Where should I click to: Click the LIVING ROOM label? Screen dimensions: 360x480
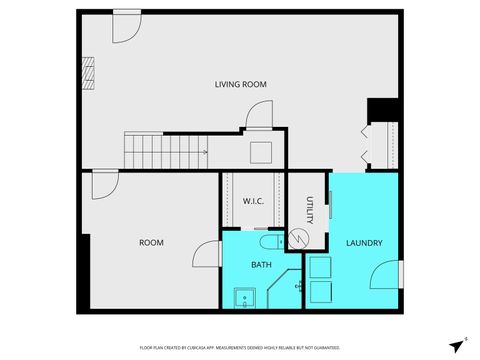(240, 84)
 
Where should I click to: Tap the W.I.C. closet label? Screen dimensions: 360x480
(252, 201)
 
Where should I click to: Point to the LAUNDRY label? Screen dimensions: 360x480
(363, 243)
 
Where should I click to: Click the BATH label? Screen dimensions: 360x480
(261, 265)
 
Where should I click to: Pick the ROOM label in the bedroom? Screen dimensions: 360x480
(151, 243)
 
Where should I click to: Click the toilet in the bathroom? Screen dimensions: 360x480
(271, 241)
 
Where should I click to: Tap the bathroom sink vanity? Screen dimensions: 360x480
(243, 297)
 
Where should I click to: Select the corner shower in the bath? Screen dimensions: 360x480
(300, 287)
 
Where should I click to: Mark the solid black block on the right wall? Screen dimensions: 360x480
(384, 110)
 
